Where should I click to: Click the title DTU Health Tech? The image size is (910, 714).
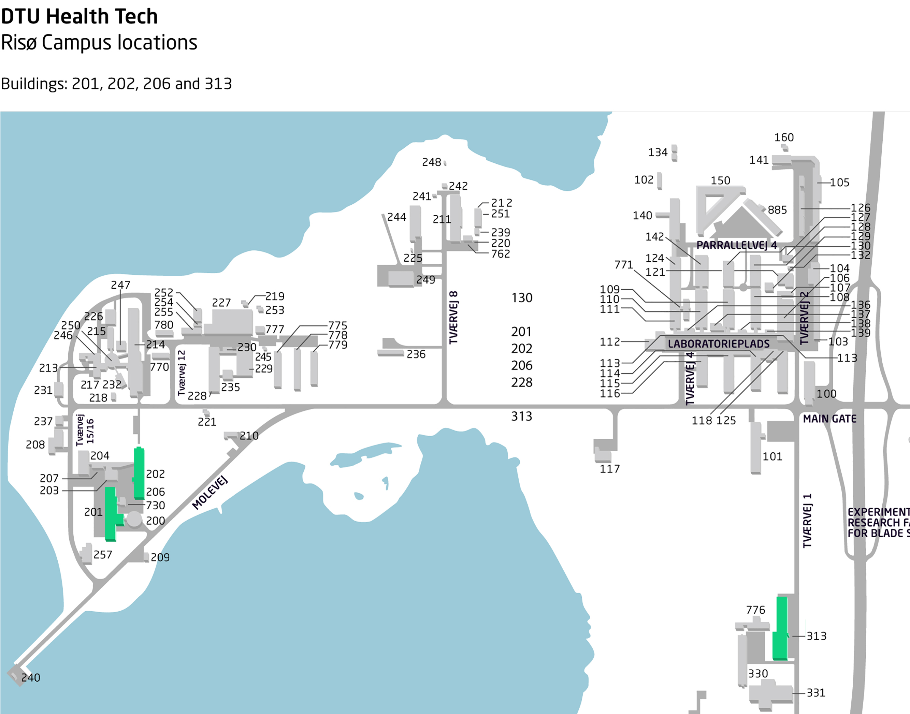point(80,17)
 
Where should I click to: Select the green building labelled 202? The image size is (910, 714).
point(139,473)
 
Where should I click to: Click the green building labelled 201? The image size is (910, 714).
point(112,514)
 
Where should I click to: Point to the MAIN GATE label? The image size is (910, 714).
point(829,419)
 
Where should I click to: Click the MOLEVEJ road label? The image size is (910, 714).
point(210,493)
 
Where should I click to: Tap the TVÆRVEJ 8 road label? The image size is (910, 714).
point(453,317)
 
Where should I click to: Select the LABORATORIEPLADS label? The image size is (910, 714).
point(719,344)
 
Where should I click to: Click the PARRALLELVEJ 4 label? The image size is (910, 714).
point(737,245)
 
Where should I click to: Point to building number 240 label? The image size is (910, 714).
point(30,677)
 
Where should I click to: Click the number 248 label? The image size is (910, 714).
point(431,162)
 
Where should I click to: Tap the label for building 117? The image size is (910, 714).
point(610,469)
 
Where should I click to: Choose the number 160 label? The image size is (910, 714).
point(784,137)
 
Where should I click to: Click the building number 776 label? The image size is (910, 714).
point(756,610)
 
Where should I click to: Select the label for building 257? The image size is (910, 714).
point(103,555)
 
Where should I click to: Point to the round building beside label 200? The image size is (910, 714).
point(134,519)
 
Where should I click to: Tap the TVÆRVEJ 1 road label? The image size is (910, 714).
point(807,521)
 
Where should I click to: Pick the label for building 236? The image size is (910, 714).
point(416,354)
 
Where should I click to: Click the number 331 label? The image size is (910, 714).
point(816,693)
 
